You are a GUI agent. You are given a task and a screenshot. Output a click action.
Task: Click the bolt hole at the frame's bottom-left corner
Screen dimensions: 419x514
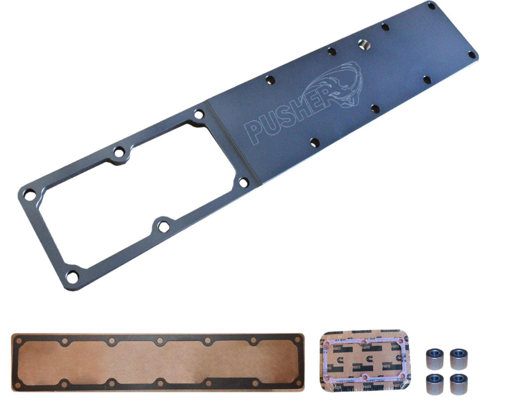pyautogui.click(x=73, y=277)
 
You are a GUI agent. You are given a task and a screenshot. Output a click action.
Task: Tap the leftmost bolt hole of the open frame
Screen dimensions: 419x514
pyautogui.click(x=29, y=196)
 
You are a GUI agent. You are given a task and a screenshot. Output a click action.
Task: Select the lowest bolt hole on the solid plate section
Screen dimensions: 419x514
pyautogui.click(x=314, y=142)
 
